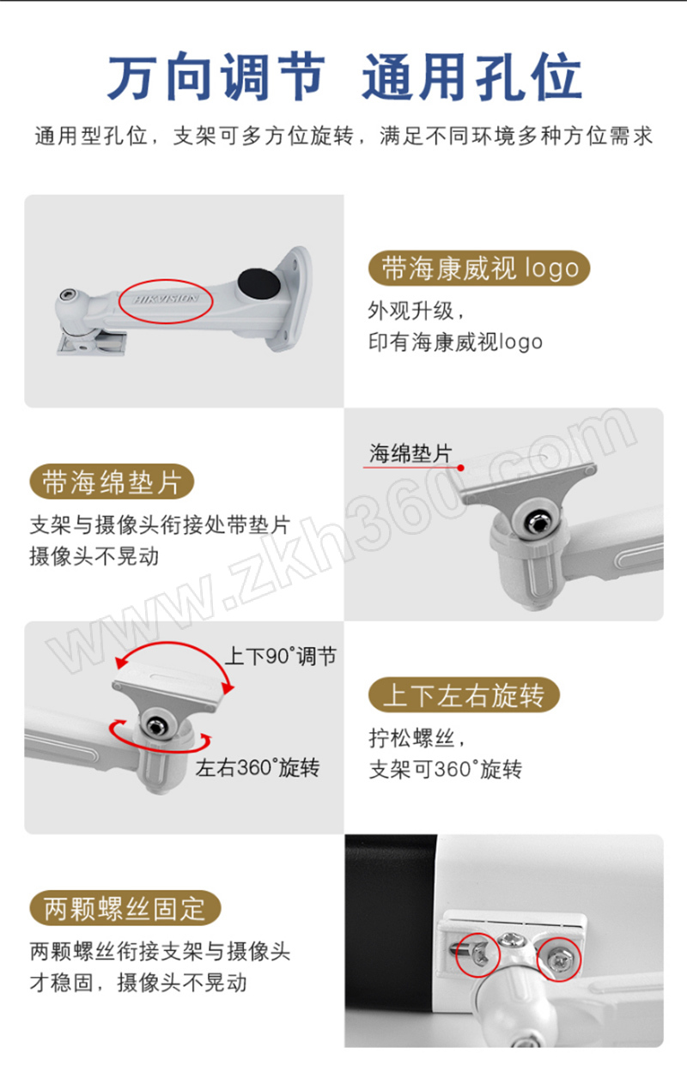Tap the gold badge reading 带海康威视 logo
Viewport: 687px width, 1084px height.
[x=479, y=268]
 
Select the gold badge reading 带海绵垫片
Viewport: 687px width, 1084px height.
[x=112, y=482]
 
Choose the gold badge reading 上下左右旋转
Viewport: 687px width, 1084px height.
[x=464, y=695]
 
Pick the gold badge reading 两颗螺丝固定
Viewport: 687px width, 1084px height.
[x=125, y=908]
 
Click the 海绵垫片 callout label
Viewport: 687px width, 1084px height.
[x=410, y=453]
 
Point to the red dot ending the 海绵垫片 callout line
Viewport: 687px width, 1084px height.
[x=461, y=468]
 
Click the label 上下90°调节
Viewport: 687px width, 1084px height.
[x=281, y=657]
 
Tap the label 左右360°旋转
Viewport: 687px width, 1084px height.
[x=258, y=768]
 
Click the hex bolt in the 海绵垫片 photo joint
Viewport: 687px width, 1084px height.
[x=537, y=522]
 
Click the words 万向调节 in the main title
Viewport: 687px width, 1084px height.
[x=216, y=77]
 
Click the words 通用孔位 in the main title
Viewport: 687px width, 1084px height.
[x=471, y=77]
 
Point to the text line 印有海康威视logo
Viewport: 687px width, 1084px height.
[x=455, y=342]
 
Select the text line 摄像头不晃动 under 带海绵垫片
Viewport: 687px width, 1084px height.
[x=94, y=556]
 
